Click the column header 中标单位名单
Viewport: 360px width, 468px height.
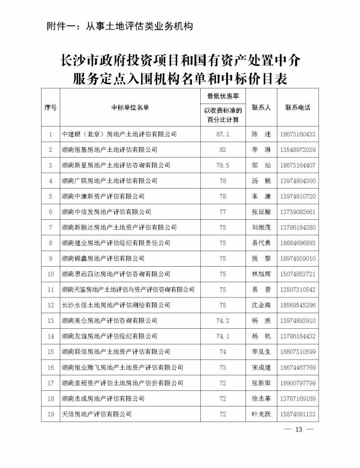point(129,107)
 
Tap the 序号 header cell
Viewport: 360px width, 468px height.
point(50,107)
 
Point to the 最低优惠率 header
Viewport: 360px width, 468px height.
point(223,96)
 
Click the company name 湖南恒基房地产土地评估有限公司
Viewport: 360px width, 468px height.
point(110,149)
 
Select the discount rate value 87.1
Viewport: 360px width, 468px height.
point(223,134)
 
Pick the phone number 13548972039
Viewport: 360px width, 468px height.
point(298,149)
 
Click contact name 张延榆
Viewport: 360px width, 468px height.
point(260,212)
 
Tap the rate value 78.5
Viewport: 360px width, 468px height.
point(223,165)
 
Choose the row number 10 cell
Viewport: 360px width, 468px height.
point(50,274)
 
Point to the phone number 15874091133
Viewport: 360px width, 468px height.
point(298,414)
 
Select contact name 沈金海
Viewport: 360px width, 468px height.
point(260,305)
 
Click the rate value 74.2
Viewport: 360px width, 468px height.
point(223,321)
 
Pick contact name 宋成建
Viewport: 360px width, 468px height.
point(260,367)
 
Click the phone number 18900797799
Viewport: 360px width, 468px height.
point(298,383)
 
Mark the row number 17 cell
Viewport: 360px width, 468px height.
point(50,383)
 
